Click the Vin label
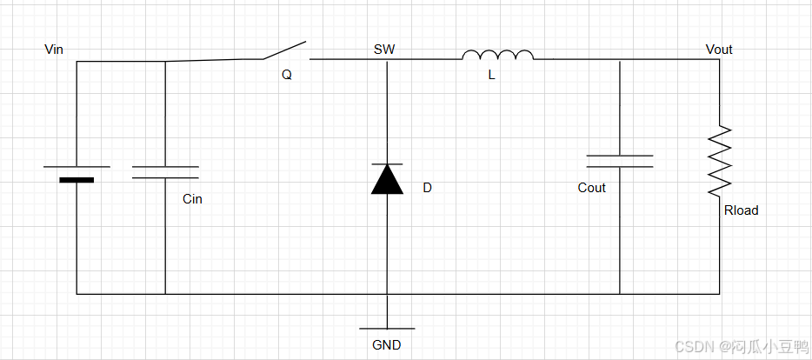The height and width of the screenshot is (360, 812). tap(55, 49)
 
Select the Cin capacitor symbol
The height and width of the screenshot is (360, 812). tap(165, 171)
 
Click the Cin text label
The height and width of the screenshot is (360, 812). tap(192, 199)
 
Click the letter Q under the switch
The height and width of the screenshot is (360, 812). tap(287, 75)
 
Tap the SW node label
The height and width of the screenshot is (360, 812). tap(384, 50)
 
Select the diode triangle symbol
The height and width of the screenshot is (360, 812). tap(387, 178)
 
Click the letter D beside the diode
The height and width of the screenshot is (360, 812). tap(427, 188)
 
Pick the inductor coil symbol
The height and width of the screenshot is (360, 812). tap(498, 56)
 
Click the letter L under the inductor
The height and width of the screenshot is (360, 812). tap(491, 76)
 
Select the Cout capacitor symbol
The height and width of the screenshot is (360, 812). tap(620, 161)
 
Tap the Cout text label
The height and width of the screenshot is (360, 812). tap(591, 188)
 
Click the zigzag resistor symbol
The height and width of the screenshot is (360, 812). tap(720, 160)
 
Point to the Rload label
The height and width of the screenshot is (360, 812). tap(741, 210)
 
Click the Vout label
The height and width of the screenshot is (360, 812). tap(719, 50)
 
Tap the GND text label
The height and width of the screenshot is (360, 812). tap(387, 345)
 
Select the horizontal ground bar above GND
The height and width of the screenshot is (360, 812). tap(387, 329)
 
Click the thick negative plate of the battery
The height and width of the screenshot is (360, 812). tap(77, 180)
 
